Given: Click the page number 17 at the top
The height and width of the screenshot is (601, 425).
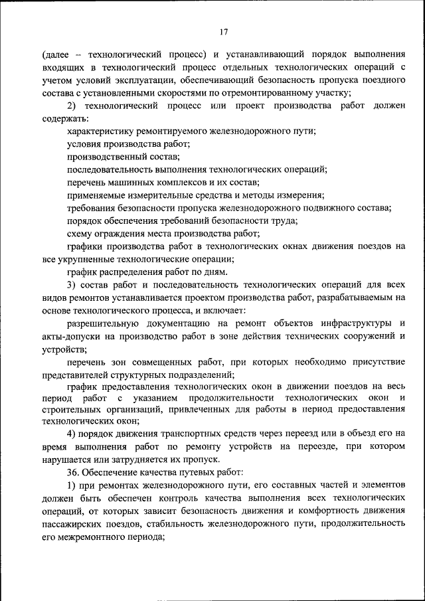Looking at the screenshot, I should point(223,30).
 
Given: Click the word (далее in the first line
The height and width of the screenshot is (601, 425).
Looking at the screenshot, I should point(56,55).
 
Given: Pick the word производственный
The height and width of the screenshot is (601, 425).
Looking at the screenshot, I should point(110,157).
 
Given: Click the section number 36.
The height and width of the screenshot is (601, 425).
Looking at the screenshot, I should point(73,473).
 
